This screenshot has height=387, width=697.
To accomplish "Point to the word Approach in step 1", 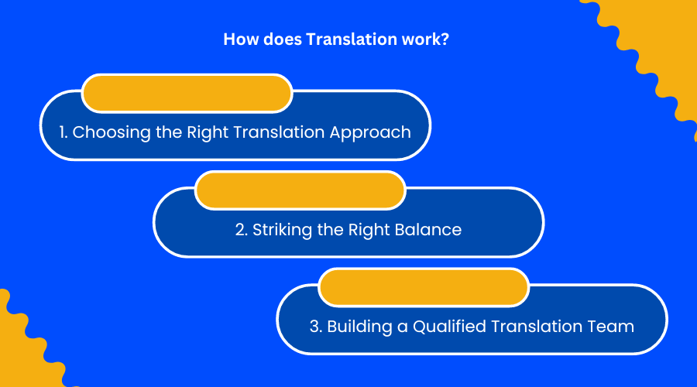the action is [370, 132].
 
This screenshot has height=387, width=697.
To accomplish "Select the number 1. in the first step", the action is [64, 132].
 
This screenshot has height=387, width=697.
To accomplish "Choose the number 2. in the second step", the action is [242, 230].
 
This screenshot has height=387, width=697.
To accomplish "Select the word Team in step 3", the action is [614, 327].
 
